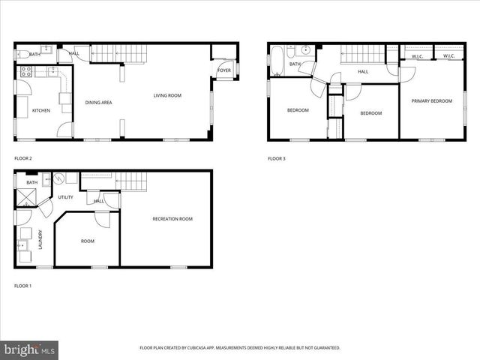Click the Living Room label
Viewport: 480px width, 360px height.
click(x=168, y=95)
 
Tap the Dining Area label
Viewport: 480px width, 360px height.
click(x=98, y=103)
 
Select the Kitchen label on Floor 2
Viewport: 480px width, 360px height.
click(x=40, y=110)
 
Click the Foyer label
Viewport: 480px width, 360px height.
click(x=223, y=70)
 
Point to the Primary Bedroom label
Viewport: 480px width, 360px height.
click(x=431, y=100)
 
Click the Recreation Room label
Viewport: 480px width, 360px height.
click(x=172, y=219)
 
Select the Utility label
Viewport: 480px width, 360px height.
click(x=65, y=197)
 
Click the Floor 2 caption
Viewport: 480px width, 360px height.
click(x=23, y=158)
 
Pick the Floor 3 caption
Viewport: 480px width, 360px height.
click(x=277, y=158)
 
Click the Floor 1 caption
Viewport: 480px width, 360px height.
click(x=23, y=286)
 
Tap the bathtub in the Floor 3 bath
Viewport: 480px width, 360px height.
click(x=277, y=61)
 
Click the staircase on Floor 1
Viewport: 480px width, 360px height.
click(x=132, y=181)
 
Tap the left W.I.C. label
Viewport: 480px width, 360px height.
click(x=418, y=56)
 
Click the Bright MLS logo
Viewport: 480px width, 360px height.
click(x=30, y=349)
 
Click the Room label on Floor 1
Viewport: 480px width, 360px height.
click(x=88, y=241)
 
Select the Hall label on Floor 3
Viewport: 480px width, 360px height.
click(x=362, y=71)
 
